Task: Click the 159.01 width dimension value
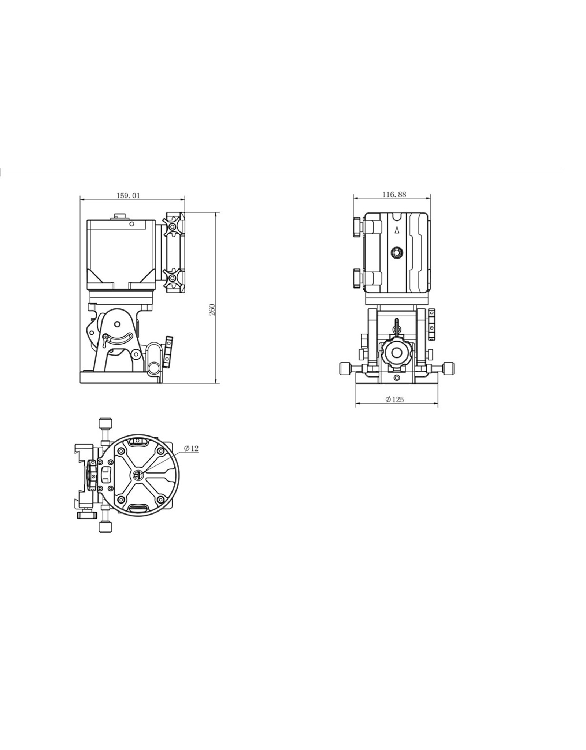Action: (128, 196)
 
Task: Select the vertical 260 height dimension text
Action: (212, 309)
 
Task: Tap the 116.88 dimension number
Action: (394, 194)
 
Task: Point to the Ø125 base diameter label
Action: (394, 400)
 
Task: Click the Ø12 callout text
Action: (191, 448)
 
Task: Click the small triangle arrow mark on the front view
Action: (396, 230)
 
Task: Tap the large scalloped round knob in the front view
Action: (397, 352)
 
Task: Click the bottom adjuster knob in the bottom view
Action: (105, 527)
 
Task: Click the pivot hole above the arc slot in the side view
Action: (117, 324)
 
